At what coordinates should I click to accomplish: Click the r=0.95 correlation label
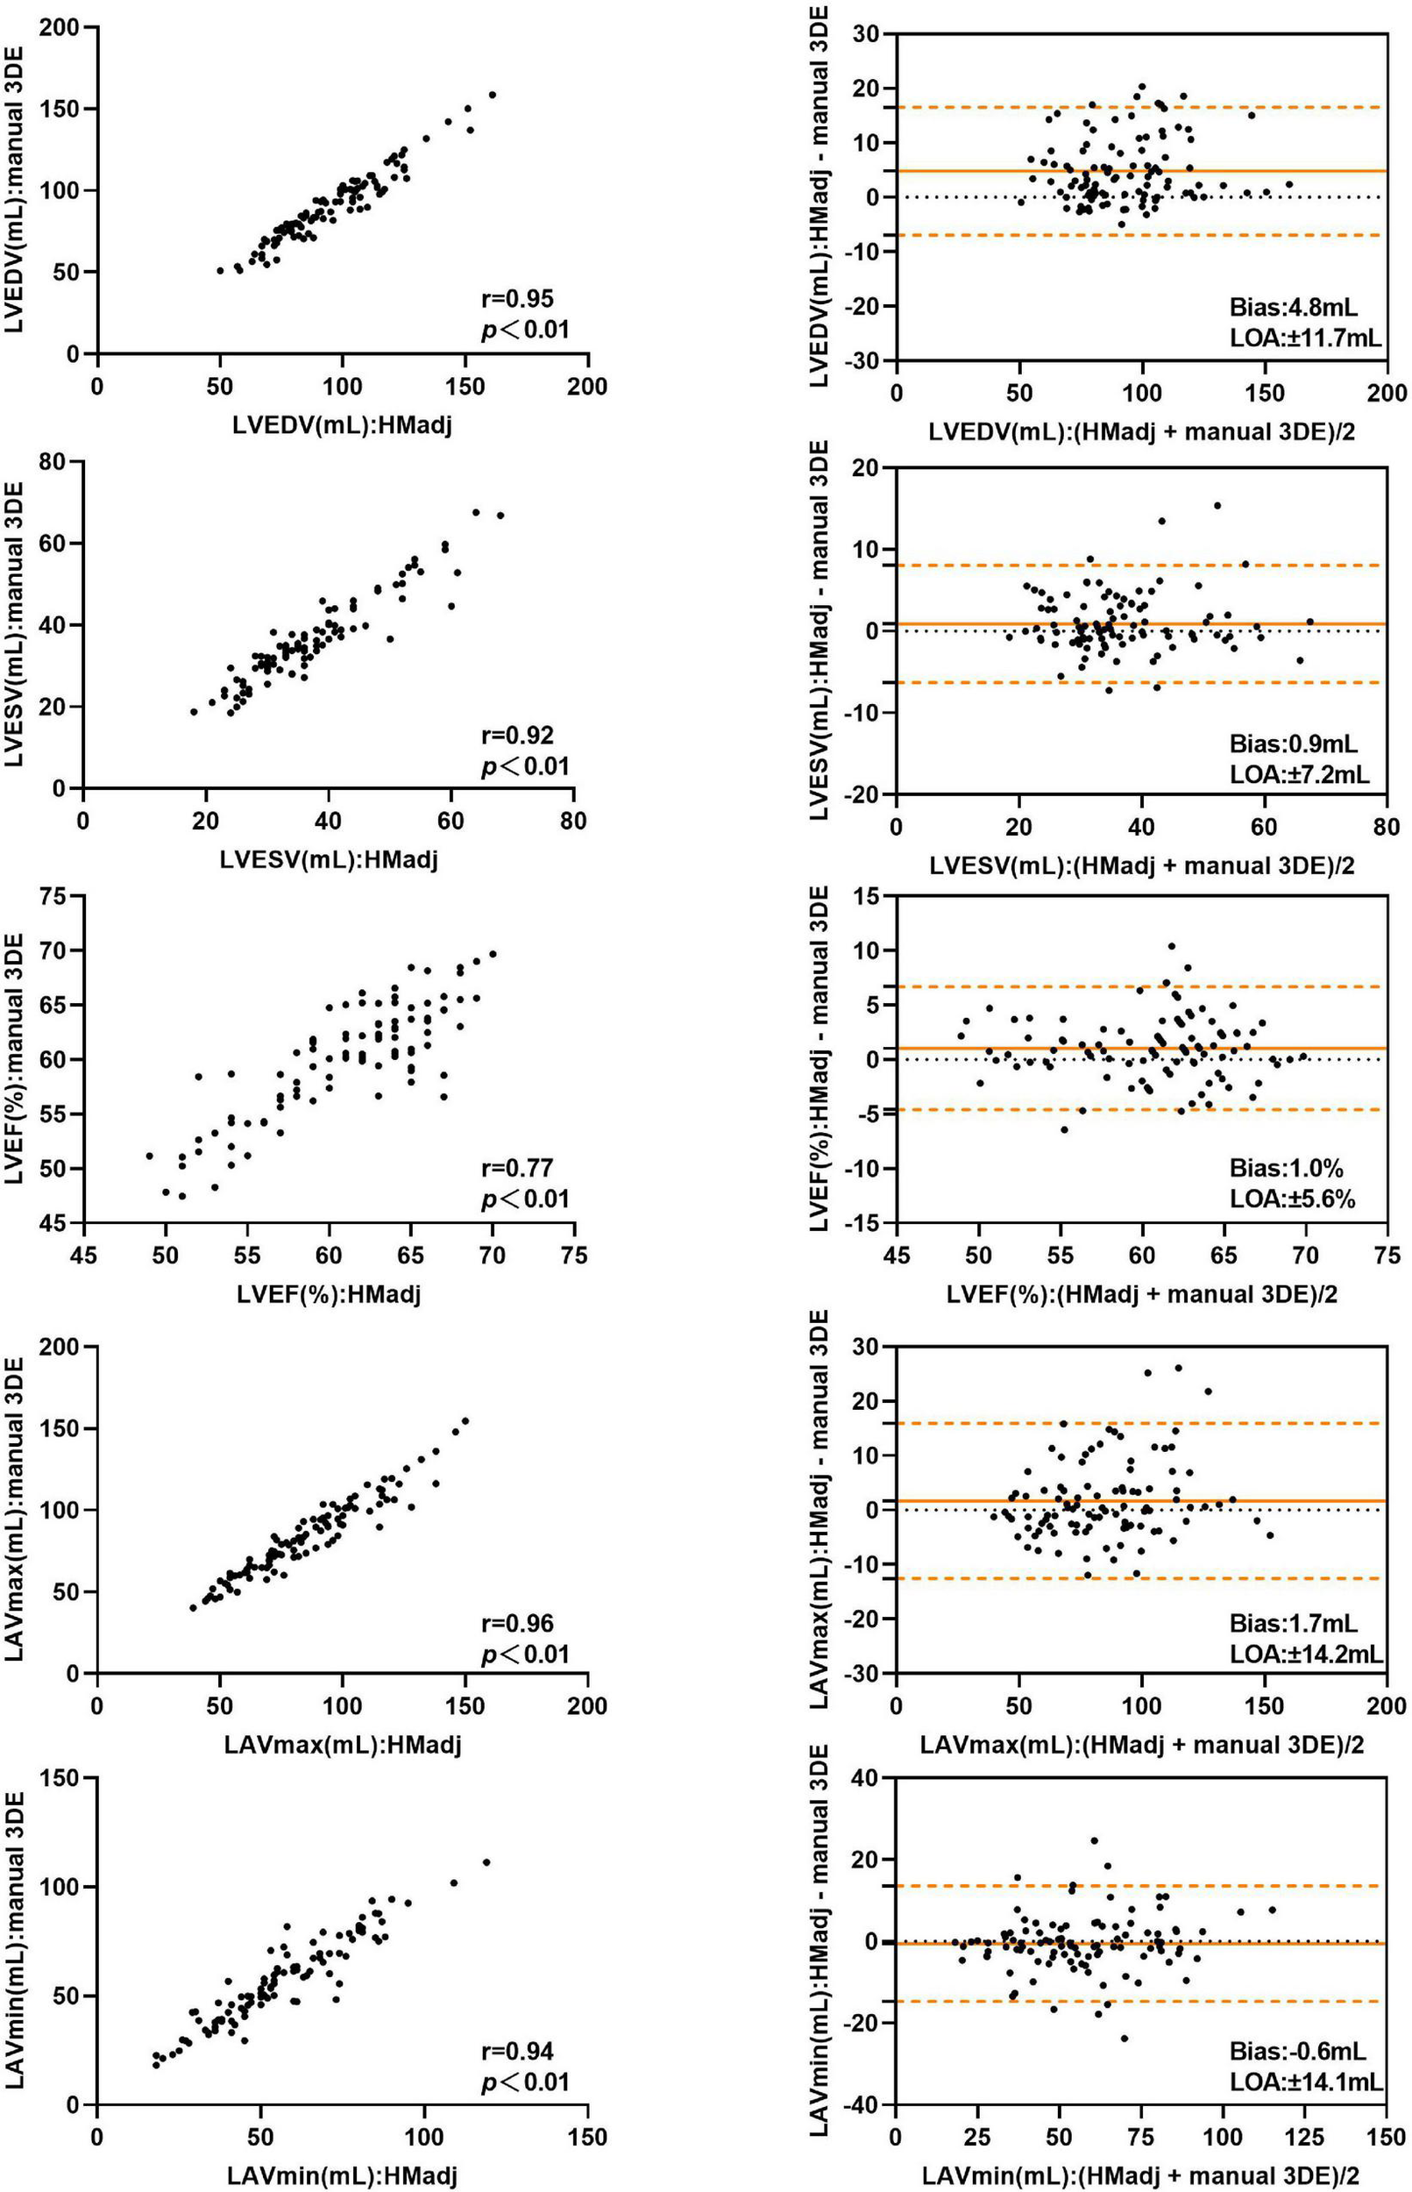tap(517, 298)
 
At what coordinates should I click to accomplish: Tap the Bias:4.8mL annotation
tap(1293, 307)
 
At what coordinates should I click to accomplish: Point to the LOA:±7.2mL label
tap(1299, 775)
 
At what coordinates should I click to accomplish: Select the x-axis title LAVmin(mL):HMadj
tap(342, 2167)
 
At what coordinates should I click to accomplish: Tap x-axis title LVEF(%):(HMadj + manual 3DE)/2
tap(1140, 1294)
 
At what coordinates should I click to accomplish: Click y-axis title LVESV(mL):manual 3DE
tap(20, 623)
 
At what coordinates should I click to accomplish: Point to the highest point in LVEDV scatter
tap(493, 95)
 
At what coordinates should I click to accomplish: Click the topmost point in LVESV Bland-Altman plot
tap(1217, 505)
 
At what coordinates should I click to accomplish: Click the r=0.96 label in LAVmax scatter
tap(517, 1623)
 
